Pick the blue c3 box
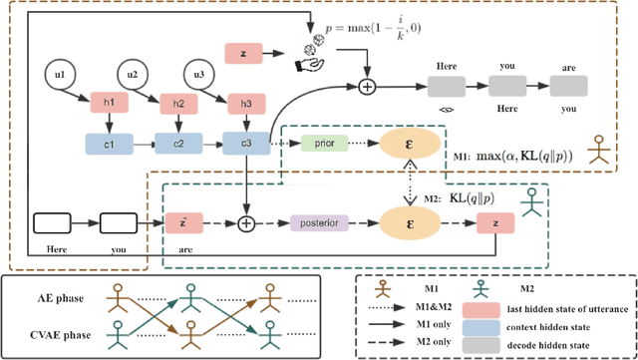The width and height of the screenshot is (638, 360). tap(244, 143)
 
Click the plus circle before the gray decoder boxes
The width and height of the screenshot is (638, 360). tap(366, 88)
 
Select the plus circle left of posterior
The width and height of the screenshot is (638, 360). tap(244, 221)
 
